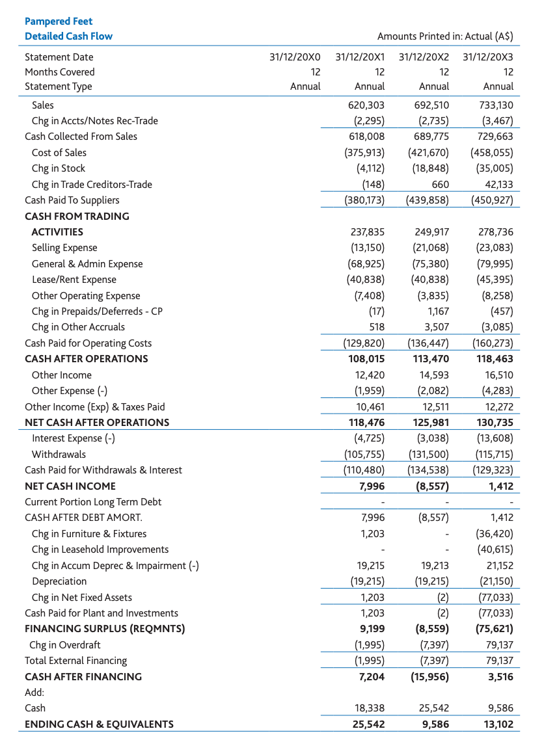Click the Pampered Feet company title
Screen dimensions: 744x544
pyautogui.click(x=59, y=21)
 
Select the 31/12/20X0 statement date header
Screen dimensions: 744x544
pyautogui.click(x=295, y=57)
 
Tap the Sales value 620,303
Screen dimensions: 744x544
pyautogui.click(x=367, y=105)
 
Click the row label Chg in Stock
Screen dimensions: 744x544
pyautogui.click(x=59, y=168)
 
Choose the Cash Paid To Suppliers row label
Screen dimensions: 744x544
pyautogui.click(x=72, y=200)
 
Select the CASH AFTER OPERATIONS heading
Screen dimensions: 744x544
pyautogui.click(x=87, y=359)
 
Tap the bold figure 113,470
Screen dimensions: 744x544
pyautogui.click(x=431, y=359)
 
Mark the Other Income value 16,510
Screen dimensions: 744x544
pyautogui.click(x=496, y=375)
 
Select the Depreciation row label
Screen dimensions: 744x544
pyautogui.click(x=59, y=581)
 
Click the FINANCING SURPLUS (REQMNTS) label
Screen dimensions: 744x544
pyautogui.click(x=105, y=629)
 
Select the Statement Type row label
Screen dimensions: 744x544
pyautogui.click(x=59, y=86)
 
